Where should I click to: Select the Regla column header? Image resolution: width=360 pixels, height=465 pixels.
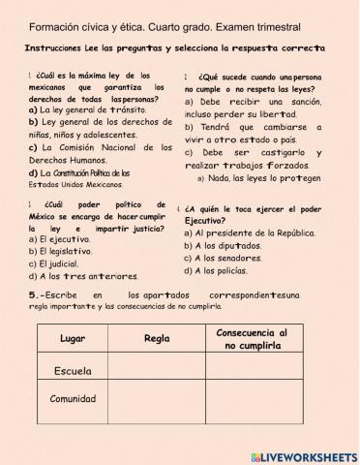pos(157,339)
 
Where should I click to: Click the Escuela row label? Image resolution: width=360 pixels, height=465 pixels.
pos(74,371)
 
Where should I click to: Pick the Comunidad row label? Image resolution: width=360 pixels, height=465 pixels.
pos(74,399)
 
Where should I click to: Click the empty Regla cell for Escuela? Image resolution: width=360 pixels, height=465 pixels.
pos(157,371)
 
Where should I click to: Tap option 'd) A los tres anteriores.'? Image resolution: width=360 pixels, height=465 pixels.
pos(76,275)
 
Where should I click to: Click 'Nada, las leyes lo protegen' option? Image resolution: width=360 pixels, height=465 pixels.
pos(260,178)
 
